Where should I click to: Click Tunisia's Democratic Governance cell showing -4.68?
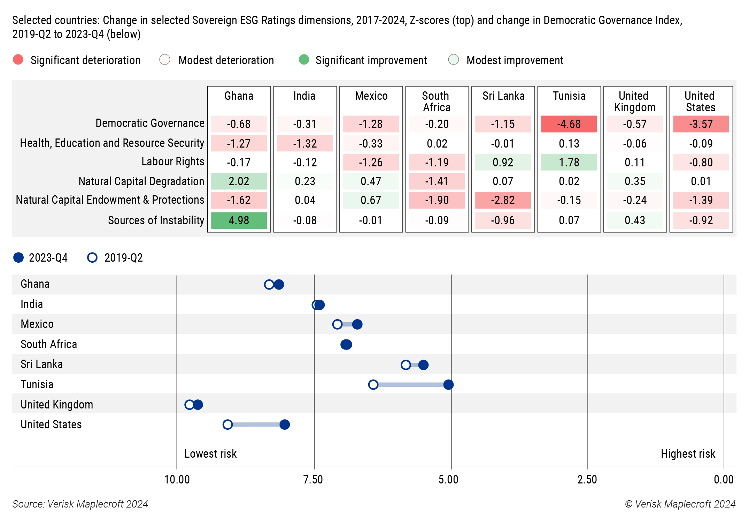tap(569, 124)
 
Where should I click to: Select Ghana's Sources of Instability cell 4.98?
tap(239, 220)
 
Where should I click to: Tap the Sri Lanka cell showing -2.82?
tap(503, 200)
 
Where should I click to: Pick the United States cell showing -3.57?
tap(701, 124)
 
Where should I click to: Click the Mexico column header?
tap(371, 96)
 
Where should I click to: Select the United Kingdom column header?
tap(634, 102)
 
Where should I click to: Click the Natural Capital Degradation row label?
tap(141, 181)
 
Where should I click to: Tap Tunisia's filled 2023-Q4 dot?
tap(448, 384)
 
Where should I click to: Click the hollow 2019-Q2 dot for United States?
tap(227, 425)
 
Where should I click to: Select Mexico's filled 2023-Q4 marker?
tap(357, 324)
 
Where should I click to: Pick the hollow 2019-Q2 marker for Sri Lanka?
tap(406, 365)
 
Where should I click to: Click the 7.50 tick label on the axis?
tap(313, 480)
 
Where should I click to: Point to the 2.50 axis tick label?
tap(587, 480)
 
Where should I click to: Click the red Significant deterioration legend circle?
tap(18, 60)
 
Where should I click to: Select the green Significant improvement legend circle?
tap(304, 60)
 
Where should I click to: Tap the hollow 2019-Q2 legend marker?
tap(92, 257)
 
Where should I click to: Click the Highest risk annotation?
tap(688, 453)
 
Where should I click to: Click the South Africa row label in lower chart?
tap(49, 344)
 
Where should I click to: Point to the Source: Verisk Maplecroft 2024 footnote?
tap(80, 504)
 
